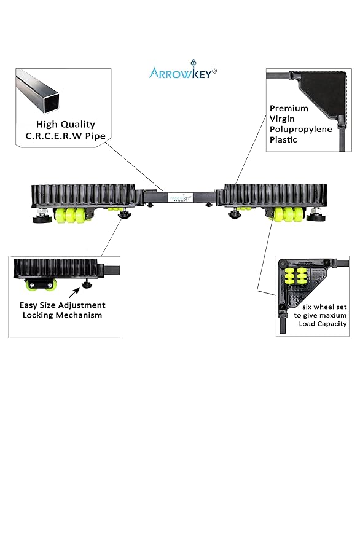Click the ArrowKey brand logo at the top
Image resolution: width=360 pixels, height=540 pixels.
coord(182,72)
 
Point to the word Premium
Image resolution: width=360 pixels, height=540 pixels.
coord(289,109)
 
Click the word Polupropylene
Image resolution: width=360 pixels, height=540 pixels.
coord(301,130)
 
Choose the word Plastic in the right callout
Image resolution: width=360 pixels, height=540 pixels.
coord(283,140)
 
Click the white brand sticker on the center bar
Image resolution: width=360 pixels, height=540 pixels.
coord(181,197)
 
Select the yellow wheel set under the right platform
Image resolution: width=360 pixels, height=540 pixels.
coord(287,215)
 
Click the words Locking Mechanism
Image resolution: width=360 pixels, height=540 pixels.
coord(64,315)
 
